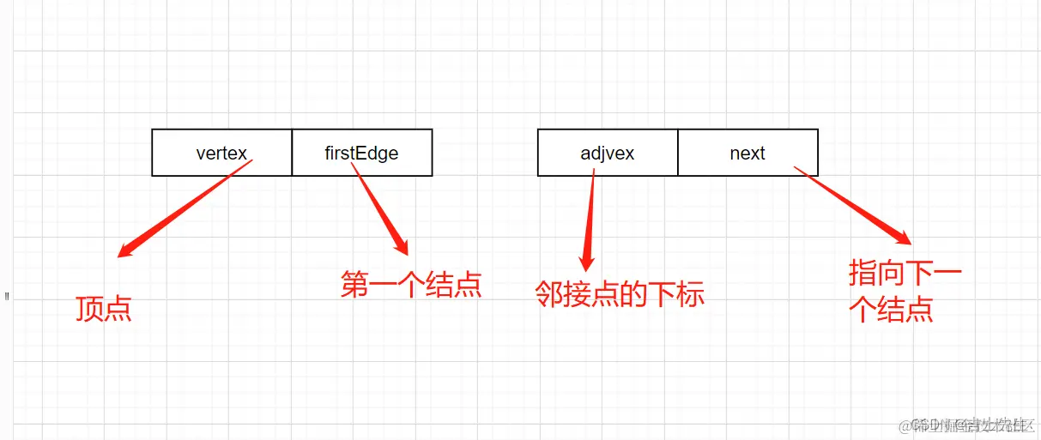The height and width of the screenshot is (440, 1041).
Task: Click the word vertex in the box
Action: click(221, 154)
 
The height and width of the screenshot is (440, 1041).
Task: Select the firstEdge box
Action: click(361, 153)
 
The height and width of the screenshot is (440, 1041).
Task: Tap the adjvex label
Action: click(607, 154)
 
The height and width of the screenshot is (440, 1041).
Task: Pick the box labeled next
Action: click(747, 153)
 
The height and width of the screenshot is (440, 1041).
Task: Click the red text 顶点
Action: click(103, 308)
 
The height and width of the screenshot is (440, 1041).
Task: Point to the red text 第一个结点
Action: click(410, 284)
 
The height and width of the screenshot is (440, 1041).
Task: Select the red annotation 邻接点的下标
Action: click(619, 294)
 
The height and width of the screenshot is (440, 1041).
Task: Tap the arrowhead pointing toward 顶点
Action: click(125, 250)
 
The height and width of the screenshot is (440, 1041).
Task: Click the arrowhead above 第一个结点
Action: click(401, 246)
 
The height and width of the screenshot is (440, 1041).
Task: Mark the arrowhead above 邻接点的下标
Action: click(588, 260)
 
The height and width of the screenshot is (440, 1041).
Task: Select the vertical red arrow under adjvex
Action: click(590, 214)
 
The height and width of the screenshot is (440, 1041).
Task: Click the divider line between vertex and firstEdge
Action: click(292, 153)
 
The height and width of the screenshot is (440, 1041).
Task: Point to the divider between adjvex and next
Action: click(678, 153)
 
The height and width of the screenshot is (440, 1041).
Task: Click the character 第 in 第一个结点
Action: click(354, 284)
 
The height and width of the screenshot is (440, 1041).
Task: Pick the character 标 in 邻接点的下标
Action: click(690, 294)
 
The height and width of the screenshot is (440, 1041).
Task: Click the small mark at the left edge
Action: click(7, 298)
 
